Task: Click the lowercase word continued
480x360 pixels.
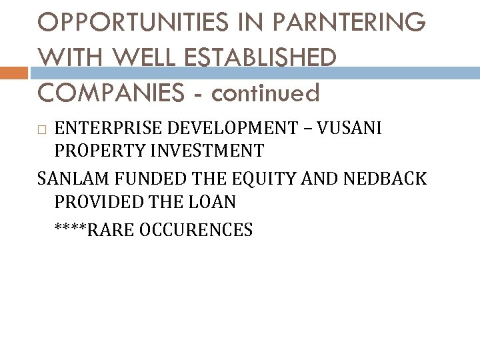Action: tap(265, 93)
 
